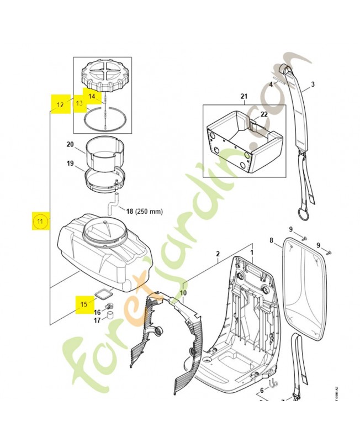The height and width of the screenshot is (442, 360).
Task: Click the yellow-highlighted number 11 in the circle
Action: pos(40,222)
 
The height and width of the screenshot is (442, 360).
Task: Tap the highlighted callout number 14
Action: pos(92,96)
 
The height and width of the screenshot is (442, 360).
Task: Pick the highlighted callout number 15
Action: pos(84,304)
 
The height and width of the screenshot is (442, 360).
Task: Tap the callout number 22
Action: pos(264,114)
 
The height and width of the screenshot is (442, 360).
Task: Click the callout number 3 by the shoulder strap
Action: pos(312,84)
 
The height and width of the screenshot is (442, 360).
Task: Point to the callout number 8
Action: pos(271,240)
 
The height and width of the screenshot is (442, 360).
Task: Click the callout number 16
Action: pos(97,312)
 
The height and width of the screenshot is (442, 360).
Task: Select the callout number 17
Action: pos(97,320)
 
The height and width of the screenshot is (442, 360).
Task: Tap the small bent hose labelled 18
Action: pos(113,207)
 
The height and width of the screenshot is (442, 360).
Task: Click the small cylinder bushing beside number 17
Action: pos(110,315)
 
